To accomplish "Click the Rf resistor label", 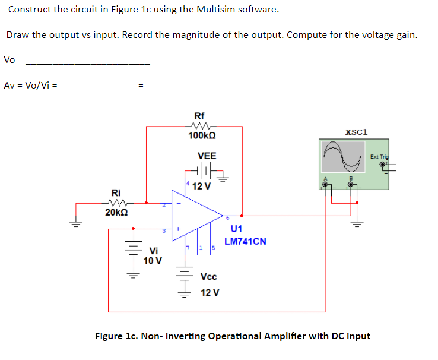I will click(200, 116).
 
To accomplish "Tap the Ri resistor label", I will click(116, 192).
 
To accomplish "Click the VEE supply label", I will click(207, 156).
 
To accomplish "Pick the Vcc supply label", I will click(209, 277).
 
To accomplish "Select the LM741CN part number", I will click(245, 241).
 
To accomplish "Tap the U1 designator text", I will click(236, 229).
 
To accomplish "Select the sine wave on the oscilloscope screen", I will click(343, 156).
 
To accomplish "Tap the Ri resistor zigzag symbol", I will click(116, 202).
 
